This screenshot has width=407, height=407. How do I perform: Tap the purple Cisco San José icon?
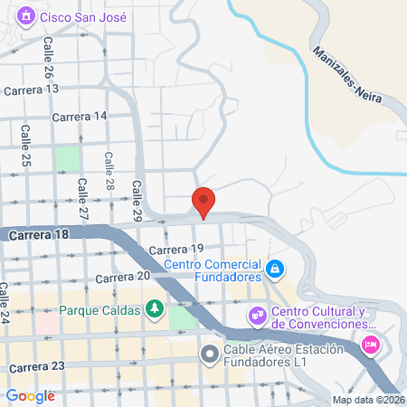click(x=26, y=16)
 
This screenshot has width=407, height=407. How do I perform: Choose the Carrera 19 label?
click(x=173, y=249)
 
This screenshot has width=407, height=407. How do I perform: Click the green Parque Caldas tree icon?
click(x=156, y=310)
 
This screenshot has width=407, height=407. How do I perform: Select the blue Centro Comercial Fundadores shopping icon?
click(x=276, y=269)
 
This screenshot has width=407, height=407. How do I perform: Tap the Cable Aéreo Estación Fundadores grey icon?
click(x=210, y=353)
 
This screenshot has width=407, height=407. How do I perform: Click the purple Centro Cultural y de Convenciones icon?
click(x=257, y=316)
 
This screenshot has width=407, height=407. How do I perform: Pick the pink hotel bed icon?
click(x=370, y=344)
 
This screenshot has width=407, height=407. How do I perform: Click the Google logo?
click(x=31, y=395)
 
